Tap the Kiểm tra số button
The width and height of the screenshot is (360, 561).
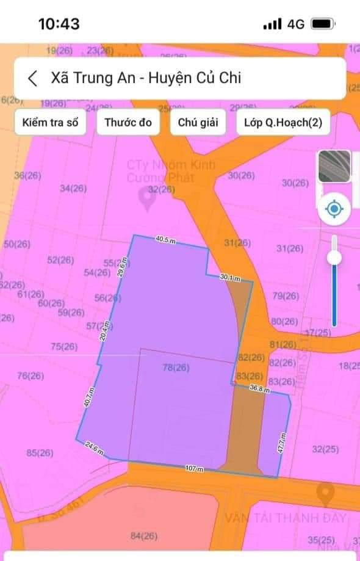(x=50, y=122)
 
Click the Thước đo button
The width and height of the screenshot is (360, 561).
(x=128, y=122)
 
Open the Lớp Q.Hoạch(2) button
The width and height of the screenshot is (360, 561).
(x=283, y=122)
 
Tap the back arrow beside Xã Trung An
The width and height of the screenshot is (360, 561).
(x=33, y=78)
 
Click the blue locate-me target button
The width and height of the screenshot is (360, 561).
(x=334, y=210)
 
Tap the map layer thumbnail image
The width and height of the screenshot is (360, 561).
(x=334, y=166)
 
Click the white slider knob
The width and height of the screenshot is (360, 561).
(x=334, y=258)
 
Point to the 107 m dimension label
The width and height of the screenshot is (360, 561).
(x=195, y=468)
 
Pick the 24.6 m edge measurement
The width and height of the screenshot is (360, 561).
(x=93, y=451)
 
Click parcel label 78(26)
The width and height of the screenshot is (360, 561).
(x=176, y=367)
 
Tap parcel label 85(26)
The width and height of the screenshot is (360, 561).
(x=40, y=453)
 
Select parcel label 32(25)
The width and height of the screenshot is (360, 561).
(x=325, y=449)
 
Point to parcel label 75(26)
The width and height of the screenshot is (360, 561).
(x=64, y=346)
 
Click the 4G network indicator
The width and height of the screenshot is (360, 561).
(x=296, y=24)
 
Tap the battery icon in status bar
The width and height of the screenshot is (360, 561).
(x=322, y=24)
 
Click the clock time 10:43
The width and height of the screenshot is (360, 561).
(x=59, y=24)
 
